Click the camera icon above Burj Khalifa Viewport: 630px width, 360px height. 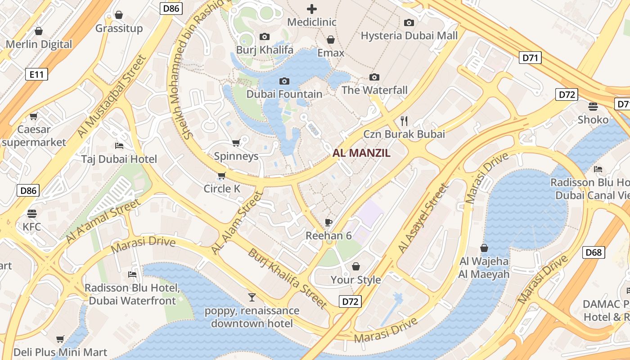[265, 36]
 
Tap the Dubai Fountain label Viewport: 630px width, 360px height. [284, 94]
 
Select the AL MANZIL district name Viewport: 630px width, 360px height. [361, 153]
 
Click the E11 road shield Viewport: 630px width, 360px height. [36, 74]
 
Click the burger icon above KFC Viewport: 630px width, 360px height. [31, 213]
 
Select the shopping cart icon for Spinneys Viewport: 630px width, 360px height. [236, 143]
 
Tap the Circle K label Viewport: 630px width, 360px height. [222, 189]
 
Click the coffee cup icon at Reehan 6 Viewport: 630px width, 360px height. [328, 222]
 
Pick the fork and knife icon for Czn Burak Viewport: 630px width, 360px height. [404, 121]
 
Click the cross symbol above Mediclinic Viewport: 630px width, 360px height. [311, 9]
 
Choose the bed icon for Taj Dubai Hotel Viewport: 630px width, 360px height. [119, 145]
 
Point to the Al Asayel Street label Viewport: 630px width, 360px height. [423, 218]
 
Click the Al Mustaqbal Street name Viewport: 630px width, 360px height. [112, 96]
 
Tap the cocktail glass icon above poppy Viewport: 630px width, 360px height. [252, 297]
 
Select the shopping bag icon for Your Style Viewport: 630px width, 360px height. [355, 266]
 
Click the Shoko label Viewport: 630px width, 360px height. [593, 120]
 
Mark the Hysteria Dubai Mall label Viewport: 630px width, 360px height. [409, 36]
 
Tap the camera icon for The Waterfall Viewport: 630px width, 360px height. [374, 77]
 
